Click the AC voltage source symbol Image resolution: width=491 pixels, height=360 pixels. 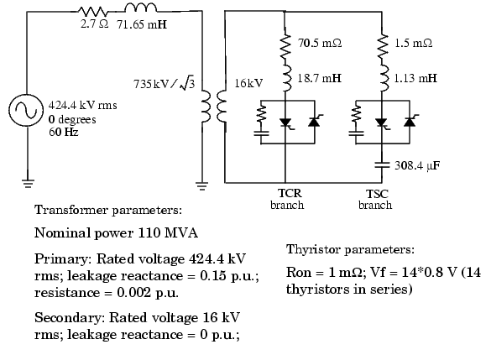tap(25, 110)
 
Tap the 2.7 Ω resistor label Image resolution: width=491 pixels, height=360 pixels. tap(94, 24)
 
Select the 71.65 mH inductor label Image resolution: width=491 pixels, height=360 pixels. tap(142, 24)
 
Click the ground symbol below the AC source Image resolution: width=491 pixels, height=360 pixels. tap(28, 183)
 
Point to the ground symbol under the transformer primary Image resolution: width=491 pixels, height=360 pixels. tap(202, 186)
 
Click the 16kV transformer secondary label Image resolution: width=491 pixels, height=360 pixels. tap(249, 83)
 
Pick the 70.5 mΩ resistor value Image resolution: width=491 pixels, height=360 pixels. tap(320, 43)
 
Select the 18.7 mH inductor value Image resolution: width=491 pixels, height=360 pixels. tap(319, 78)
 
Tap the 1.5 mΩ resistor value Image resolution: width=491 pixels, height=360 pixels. tap(413, 43)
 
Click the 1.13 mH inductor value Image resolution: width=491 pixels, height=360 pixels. tap(415, 78)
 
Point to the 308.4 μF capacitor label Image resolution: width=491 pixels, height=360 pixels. tap(417, 165)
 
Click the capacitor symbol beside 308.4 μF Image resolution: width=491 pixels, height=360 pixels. tap(382, 164)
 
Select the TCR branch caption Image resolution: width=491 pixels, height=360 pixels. tap(287, 199)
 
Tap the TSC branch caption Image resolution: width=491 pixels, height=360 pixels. tap(375, 200)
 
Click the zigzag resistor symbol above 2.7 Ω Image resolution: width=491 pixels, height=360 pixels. tap(93, 12)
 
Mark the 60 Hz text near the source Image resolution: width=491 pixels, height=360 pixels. tap(64, 132)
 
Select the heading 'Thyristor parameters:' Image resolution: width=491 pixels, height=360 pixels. tap(350, 250)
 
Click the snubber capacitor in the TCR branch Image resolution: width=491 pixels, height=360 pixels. tap(261, 133)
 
